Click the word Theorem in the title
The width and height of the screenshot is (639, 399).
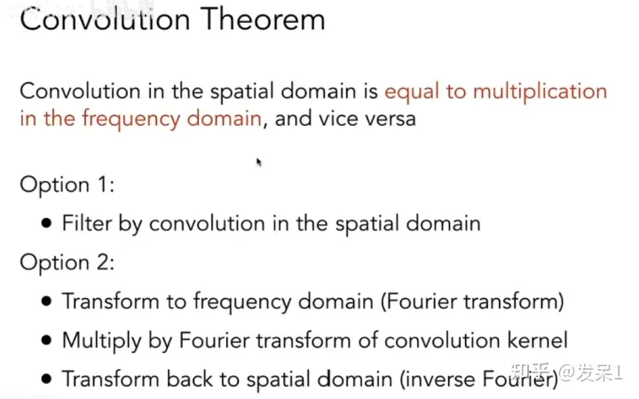click(x=263, y=20)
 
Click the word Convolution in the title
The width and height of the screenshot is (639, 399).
click(x=105, y=20)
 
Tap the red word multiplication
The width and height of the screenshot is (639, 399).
click(x=540, y=92)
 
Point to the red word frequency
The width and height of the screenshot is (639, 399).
click(x=130, y=120)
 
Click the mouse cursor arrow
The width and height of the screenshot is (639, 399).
click(x=259, y=162)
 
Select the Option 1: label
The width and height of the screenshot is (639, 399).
click(x=67, y=185)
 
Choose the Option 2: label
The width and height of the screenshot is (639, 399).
click(x=67, y=262)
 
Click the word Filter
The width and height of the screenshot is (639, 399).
click(x=87, y=223)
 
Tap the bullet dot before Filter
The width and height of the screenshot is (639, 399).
click(x=46, y=223)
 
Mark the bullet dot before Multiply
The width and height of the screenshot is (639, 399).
click(x=46, y=340)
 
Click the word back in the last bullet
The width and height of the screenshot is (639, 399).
click(x=190, y=379)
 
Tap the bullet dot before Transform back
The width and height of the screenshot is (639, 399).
click(x=46, y=379)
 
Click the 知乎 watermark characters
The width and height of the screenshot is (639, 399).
click(x=531, y=372)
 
